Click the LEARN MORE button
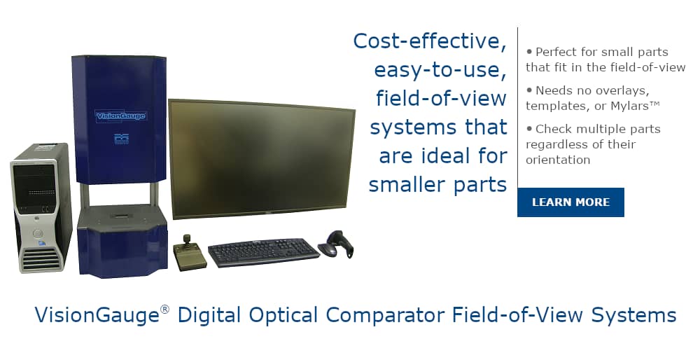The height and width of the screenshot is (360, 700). click(x=570, y=202)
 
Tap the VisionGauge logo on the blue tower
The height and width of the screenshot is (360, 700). click(x=121, y=116)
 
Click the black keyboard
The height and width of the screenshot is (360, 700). click(x=264, y=252)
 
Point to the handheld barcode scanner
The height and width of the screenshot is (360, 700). click(x=336, y=244)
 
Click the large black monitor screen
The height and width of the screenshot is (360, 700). click(x=262, y=159)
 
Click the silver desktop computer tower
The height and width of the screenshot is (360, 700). click(x=41, y=208)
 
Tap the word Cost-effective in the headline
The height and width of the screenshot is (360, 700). click(x=430, y=41)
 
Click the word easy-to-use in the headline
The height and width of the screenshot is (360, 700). click(x=440, y=71)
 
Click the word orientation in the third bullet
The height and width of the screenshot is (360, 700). click(x=558, y=160)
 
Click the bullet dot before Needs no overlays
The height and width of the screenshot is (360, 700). click(x=529, y=90)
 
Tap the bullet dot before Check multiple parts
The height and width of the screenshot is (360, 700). click(x=529, y=129)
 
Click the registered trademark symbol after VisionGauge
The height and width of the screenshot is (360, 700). click(x=164, y=309)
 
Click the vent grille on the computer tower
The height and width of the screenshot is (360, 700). click(x=41, y=258)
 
